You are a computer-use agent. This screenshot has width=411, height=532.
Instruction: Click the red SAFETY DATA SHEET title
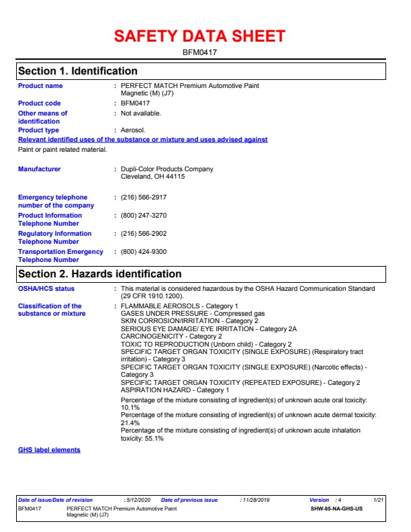point(199,36)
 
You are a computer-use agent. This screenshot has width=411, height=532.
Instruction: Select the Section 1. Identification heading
point(78,71)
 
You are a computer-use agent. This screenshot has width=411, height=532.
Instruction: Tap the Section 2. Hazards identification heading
point(100,274)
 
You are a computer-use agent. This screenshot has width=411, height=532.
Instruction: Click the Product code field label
point(39,103)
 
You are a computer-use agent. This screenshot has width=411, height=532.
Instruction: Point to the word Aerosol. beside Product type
point(133,130)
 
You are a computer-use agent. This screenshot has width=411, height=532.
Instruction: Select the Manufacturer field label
point(39,169)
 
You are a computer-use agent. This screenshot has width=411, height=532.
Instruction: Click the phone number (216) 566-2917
point(144,197)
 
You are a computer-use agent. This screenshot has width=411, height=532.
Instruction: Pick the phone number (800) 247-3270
point(144,216)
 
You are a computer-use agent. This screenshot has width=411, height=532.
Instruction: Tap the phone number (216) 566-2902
point(144,234)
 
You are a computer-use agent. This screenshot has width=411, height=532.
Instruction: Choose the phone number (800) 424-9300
point(144,252)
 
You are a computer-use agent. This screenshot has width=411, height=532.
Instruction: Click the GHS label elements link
point(49,450)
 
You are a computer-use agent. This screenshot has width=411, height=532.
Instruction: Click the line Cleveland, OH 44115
point(152,177)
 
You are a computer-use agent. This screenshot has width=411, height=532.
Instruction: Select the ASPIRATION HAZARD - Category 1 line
point(175,390)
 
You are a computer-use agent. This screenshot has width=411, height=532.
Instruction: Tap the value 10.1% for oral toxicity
point(130,407)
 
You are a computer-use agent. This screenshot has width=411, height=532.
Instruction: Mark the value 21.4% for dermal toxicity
point(130,423)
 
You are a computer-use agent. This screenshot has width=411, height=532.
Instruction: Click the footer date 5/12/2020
point(138,500)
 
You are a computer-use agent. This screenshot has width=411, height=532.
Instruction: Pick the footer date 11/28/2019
point(255,500)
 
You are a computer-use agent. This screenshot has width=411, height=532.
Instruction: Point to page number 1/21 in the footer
point(379,500)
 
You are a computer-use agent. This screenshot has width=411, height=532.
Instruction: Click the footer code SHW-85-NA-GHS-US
point(336,509)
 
